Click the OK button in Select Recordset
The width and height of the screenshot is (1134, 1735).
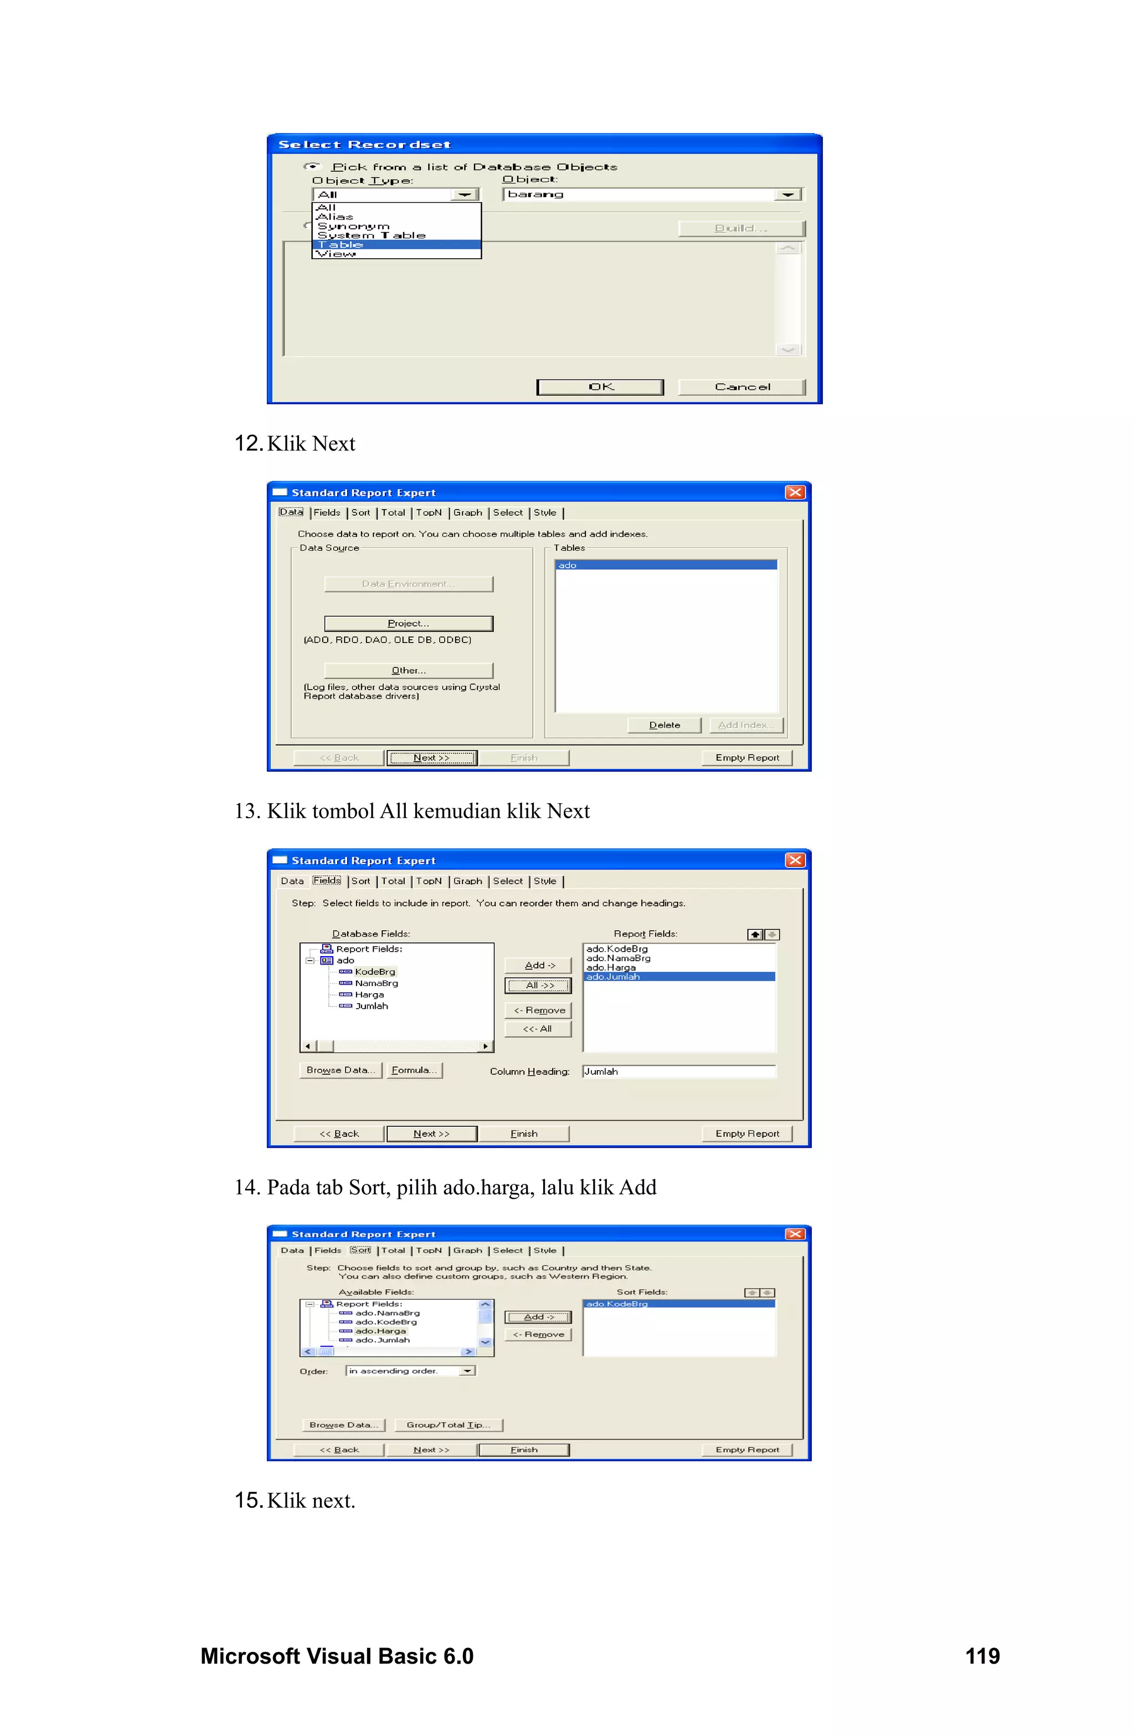(600, 387)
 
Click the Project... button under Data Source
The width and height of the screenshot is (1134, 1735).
(408, 623)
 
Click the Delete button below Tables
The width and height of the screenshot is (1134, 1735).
(664, 725)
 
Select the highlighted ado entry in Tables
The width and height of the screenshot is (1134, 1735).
(666, 565)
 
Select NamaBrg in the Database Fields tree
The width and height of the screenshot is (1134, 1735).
(376, 983)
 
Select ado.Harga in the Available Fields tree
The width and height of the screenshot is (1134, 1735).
(380, 1331)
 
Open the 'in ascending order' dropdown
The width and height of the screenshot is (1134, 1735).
(466, 1371)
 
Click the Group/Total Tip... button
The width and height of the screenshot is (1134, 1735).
(448, 1425)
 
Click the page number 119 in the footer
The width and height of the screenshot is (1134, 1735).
(982, 1656)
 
